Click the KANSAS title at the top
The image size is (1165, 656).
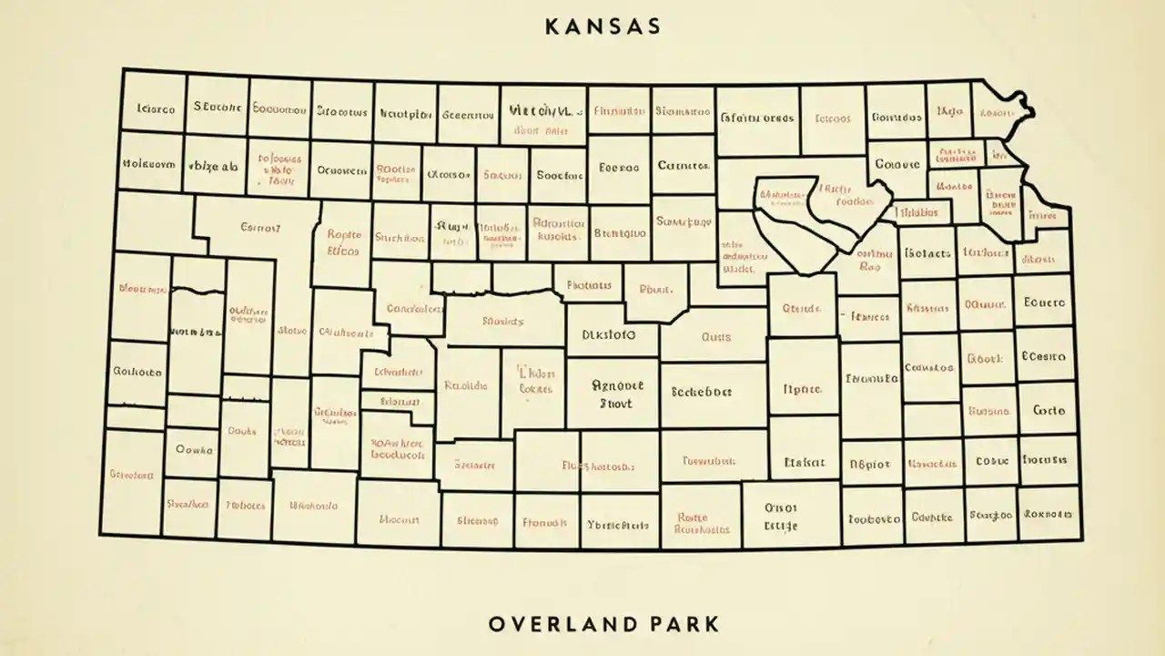point(603,26)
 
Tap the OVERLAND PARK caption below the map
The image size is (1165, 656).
point(603,624)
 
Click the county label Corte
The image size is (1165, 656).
point(1048,411)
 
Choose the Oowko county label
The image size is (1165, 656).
point(194,449)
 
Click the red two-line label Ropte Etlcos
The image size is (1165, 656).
point(343,241)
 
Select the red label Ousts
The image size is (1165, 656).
point(716,336)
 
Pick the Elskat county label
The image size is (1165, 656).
point(804,462)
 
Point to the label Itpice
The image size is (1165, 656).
point(802,389)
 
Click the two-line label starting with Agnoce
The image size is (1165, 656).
point(617,394)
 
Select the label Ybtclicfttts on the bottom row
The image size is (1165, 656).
point(618,525)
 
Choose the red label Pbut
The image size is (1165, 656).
point(655,290)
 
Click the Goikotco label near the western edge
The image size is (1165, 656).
point(137,372)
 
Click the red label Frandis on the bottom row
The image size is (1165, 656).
point(545,523)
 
